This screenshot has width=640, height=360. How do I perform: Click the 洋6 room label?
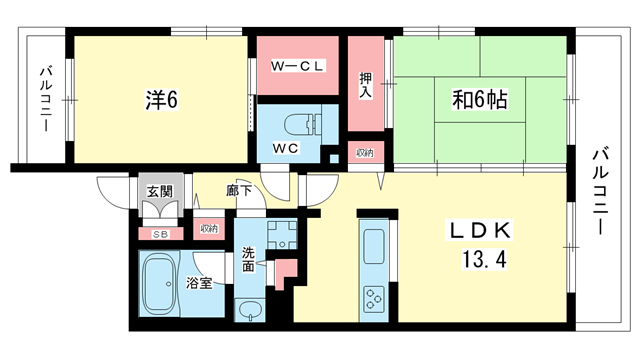tap(162, 100)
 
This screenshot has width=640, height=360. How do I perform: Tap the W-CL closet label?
tap(298, 66)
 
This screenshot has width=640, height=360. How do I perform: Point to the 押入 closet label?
tap(365, 85)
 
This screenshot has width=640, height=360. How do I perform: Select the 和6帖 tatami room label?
tap(480, 99)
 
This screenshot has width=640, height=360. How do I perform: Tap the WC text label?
tap(286, 148)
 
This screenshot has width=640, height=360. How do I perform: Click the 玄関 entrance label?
tap(160, 191)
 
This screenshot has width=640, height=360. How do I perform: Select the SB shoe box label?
tap(161, 235)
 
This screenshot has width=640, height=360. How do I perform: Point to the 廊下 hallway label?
tap(239, 190)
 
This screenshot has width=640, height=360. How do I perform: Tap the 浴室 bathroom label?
tap(199, 283)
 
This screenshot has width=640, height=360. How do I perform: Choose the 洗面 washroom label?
tap(248, 260)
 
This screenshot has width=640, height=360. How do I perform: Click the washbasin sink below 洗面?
tap(250, 310)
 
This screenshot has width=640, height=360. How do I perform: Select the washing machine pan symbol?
tap(282, 235)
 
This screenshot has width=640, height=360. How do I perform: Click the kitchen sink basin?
tap(374, 246)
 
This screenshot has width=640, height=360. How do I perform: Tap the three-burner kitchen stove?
tap(374, 299)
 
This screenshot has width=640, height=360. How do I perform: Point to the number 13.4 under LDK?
tap(484, 259)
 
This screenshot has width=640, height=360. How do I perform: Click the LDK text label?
tap(480, 231)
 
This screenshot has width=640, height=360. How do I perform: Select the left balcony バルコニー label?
tap(46, 99)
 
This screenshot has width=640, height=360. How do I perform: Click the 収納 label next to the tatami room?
tap(365, 153)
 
